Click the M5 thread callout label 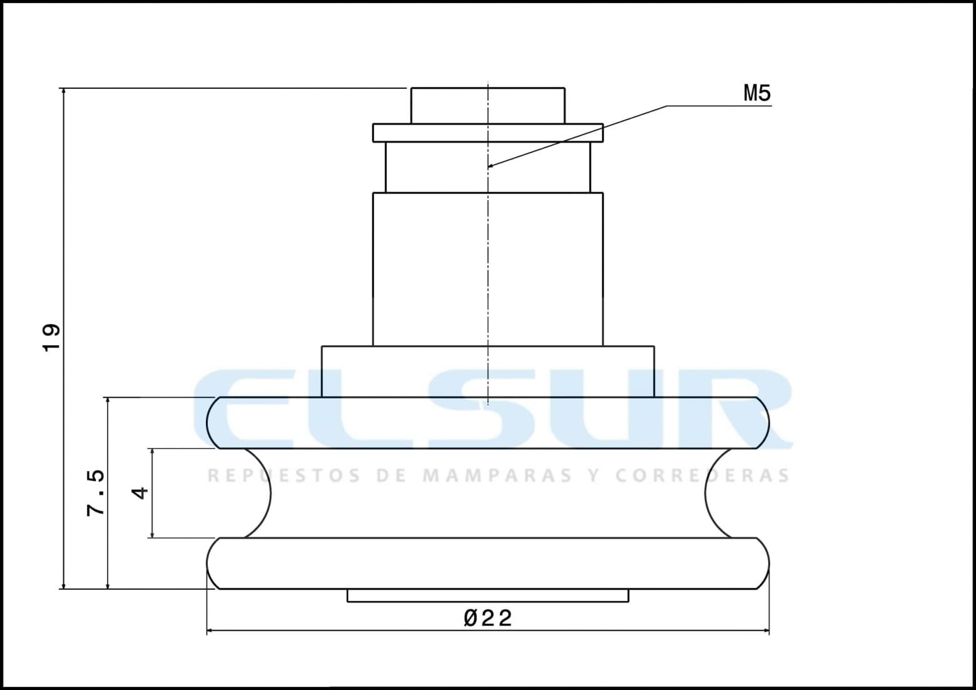coord(756,94)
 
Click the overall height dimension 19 coord(51,338)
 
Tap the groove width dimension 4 coord(141,492)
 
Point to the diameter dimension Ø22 coord(488,618)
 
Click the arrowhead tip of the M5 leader coord(489,167)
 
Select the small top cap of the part coord(487,106)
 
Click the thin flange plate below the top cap coord(487,133)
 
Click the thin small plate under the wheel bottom coord(487,596)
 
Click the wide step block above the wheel coord(487,371)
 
